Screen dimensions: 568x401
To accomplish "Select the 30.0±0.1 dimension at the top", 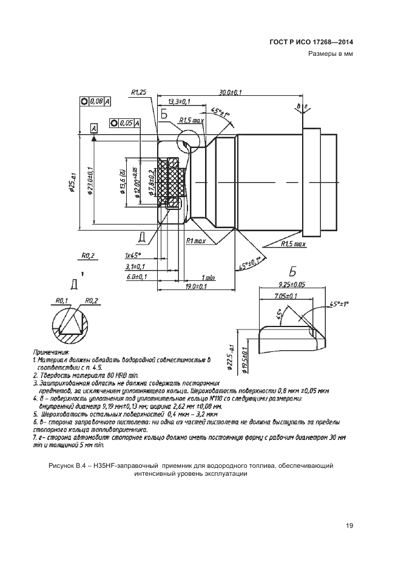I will tap(231, 92).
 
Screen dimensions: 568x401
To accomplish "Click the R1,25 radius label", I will tap(138, 92).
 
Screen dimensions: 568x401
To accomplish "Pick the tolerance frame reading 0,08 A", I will tap(95, 102).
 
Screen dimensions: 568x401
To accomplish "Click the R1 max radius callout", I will tap(197, 241).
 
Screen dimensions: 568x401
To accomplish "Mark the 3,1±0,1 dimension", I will tap(134, 266).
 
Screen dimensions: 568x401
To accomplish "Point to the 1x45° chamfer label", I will tap(133, 255).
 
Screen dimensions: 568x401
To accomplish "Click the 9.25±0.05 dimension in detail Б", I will tap(290, 283).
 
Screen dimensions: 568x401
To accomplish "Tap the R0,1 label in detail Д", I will tap(61, 300).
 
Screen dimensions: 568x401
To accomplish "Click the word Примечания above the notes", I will tap(52, 351).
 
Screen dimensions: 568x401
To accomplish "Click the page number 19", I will tap(349, 526).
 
